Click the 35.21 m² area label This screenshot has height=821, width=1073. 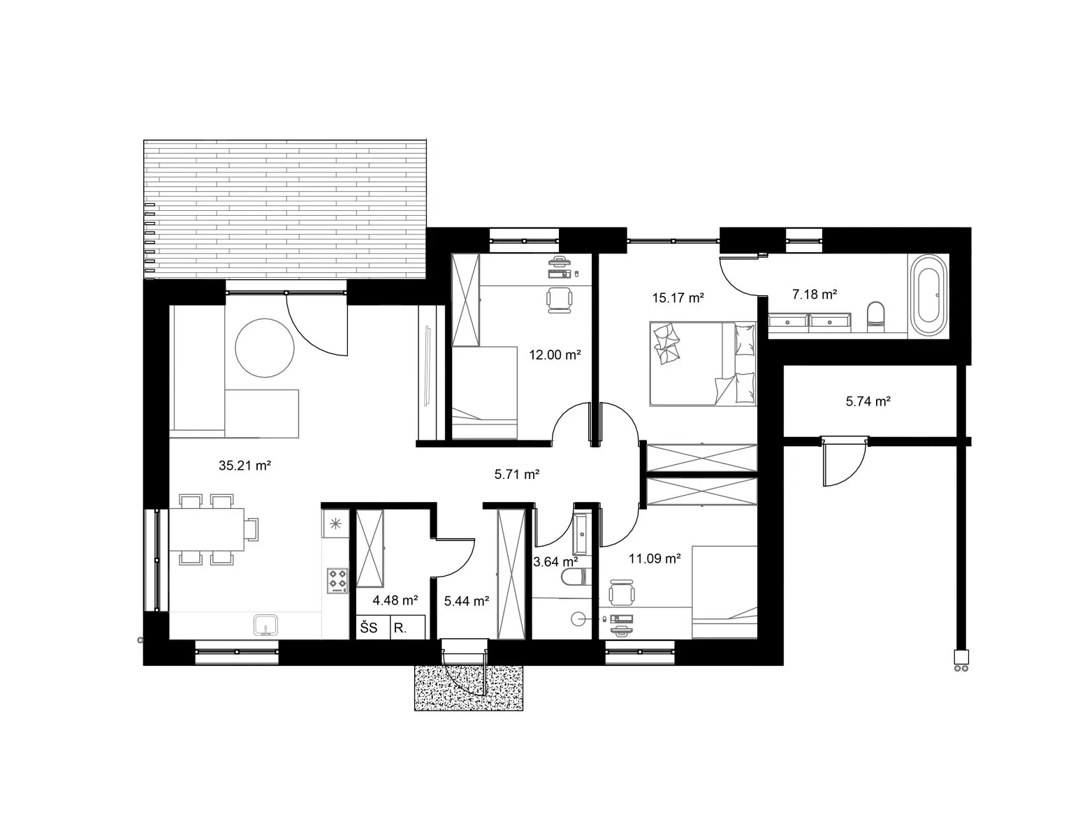(x=245, y=465)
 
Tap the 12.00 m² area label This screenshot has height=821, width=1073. (x=555, y=355)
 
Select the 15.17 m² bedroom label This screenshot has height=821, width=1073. (x=678, y=297)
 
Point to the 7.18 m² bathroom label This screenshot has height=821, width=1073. (x=815, y=295)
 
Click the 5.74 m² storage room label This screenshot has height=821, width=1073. (x=868, y=401)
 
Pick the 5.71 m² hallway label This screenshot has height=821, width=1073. (x=516, y=474)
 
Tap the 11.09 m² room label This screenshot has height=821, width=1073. (x=655, y=559)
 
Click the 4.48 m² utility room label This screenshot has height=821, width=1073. (x=395, y=600)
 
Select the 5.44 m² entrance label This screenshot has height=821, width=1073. (x=466, y=601)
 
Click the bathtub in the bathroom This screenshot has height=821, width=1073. (x=929, y=296)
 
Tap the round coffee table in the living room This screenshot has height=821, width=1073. (x=265, y=348)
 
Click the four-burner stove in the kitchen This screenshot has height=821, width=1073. (x=337, y=580)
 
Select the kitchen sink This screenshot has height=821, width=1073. (x=265, y=625)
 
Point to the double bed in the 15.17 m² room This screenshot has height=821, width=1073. (x=703, y=364)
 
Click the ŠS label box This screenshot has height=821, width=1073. (x=373, y=627)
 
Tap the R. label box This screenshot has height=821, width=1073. (x=408, y=627)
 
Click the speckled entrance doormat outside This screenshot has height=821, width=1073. (x=469, y=688)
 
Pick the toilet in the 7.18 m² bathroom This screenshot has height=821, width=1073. (x=876, y=316)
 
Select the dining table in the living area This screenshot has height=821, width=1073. (x=207, y=529)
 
